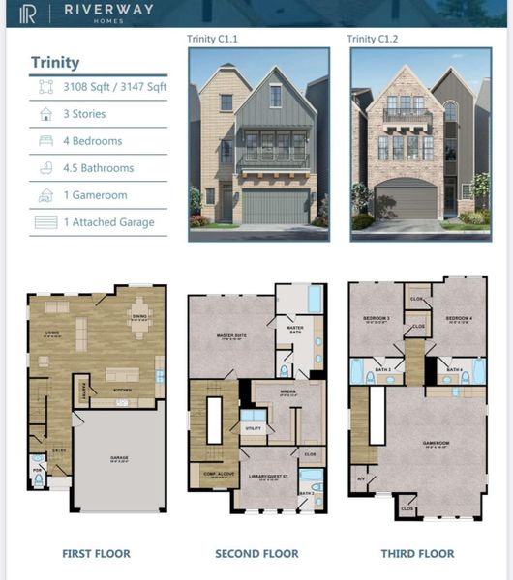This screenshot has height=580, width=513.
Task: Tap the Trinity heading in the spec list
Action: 55,63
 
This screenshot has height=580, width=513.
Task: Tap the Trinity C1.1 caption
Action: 212,39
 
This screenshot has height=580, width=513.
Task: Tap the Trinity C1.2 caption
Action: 374,39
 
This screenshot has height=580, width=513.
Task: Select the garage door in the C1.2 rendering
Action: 406,201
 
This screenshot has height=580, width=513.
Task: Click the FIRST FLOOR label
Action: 96,554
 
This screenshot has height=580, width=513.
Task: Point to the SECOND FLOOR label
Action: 256,554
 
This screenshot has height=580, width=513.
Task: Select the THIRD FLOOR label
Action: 417,554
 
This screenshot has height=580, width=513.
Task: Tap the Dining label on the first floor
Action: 140,315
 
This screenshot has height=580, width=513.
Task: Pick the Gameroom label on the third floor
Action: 436,444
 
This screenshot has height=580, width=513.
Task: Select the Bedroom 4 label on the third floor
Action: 459,318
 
